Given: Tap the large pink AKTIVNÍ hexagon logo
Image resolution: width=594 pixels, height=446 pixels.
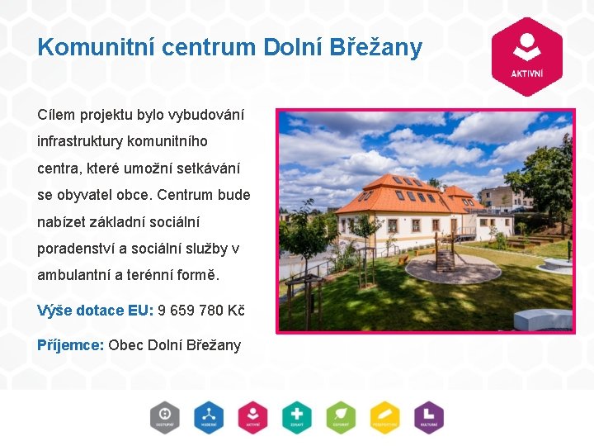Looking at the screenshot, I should [526, 57].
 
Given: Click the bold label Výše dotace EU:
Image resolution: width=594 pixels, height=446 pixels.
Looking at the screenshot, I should [95, 311].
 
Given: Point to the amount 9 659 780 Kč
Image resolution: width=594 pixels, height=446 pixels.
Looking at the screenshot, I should [200, 311].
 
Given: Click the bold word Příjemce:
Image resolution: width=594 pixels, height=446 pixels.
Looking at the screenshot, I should [70, 344].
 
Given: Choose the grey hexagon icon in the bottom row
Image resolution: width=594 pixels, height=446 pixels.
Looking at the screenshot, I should [164, 417].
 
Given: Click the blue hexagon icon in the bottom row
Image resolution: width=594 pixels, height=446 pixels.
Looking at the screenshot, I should [209, 417].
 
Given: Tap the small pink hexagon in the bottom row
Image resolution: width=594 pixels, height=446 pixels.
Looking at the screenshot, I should [252, 417].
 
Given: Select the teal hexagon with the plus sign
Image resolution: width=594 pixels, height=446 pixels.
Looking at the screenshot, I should [296, 417].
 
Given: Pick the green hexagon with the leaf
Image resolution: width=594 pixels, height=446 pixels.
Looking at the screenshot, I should [340, 417].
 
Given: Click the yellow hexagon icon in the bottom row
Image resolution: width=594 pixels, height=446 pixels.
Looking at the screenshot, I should [384, 417].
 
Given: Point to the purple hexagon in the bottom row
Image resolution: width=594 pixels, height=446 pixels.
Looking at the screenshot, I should [428, 417].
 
